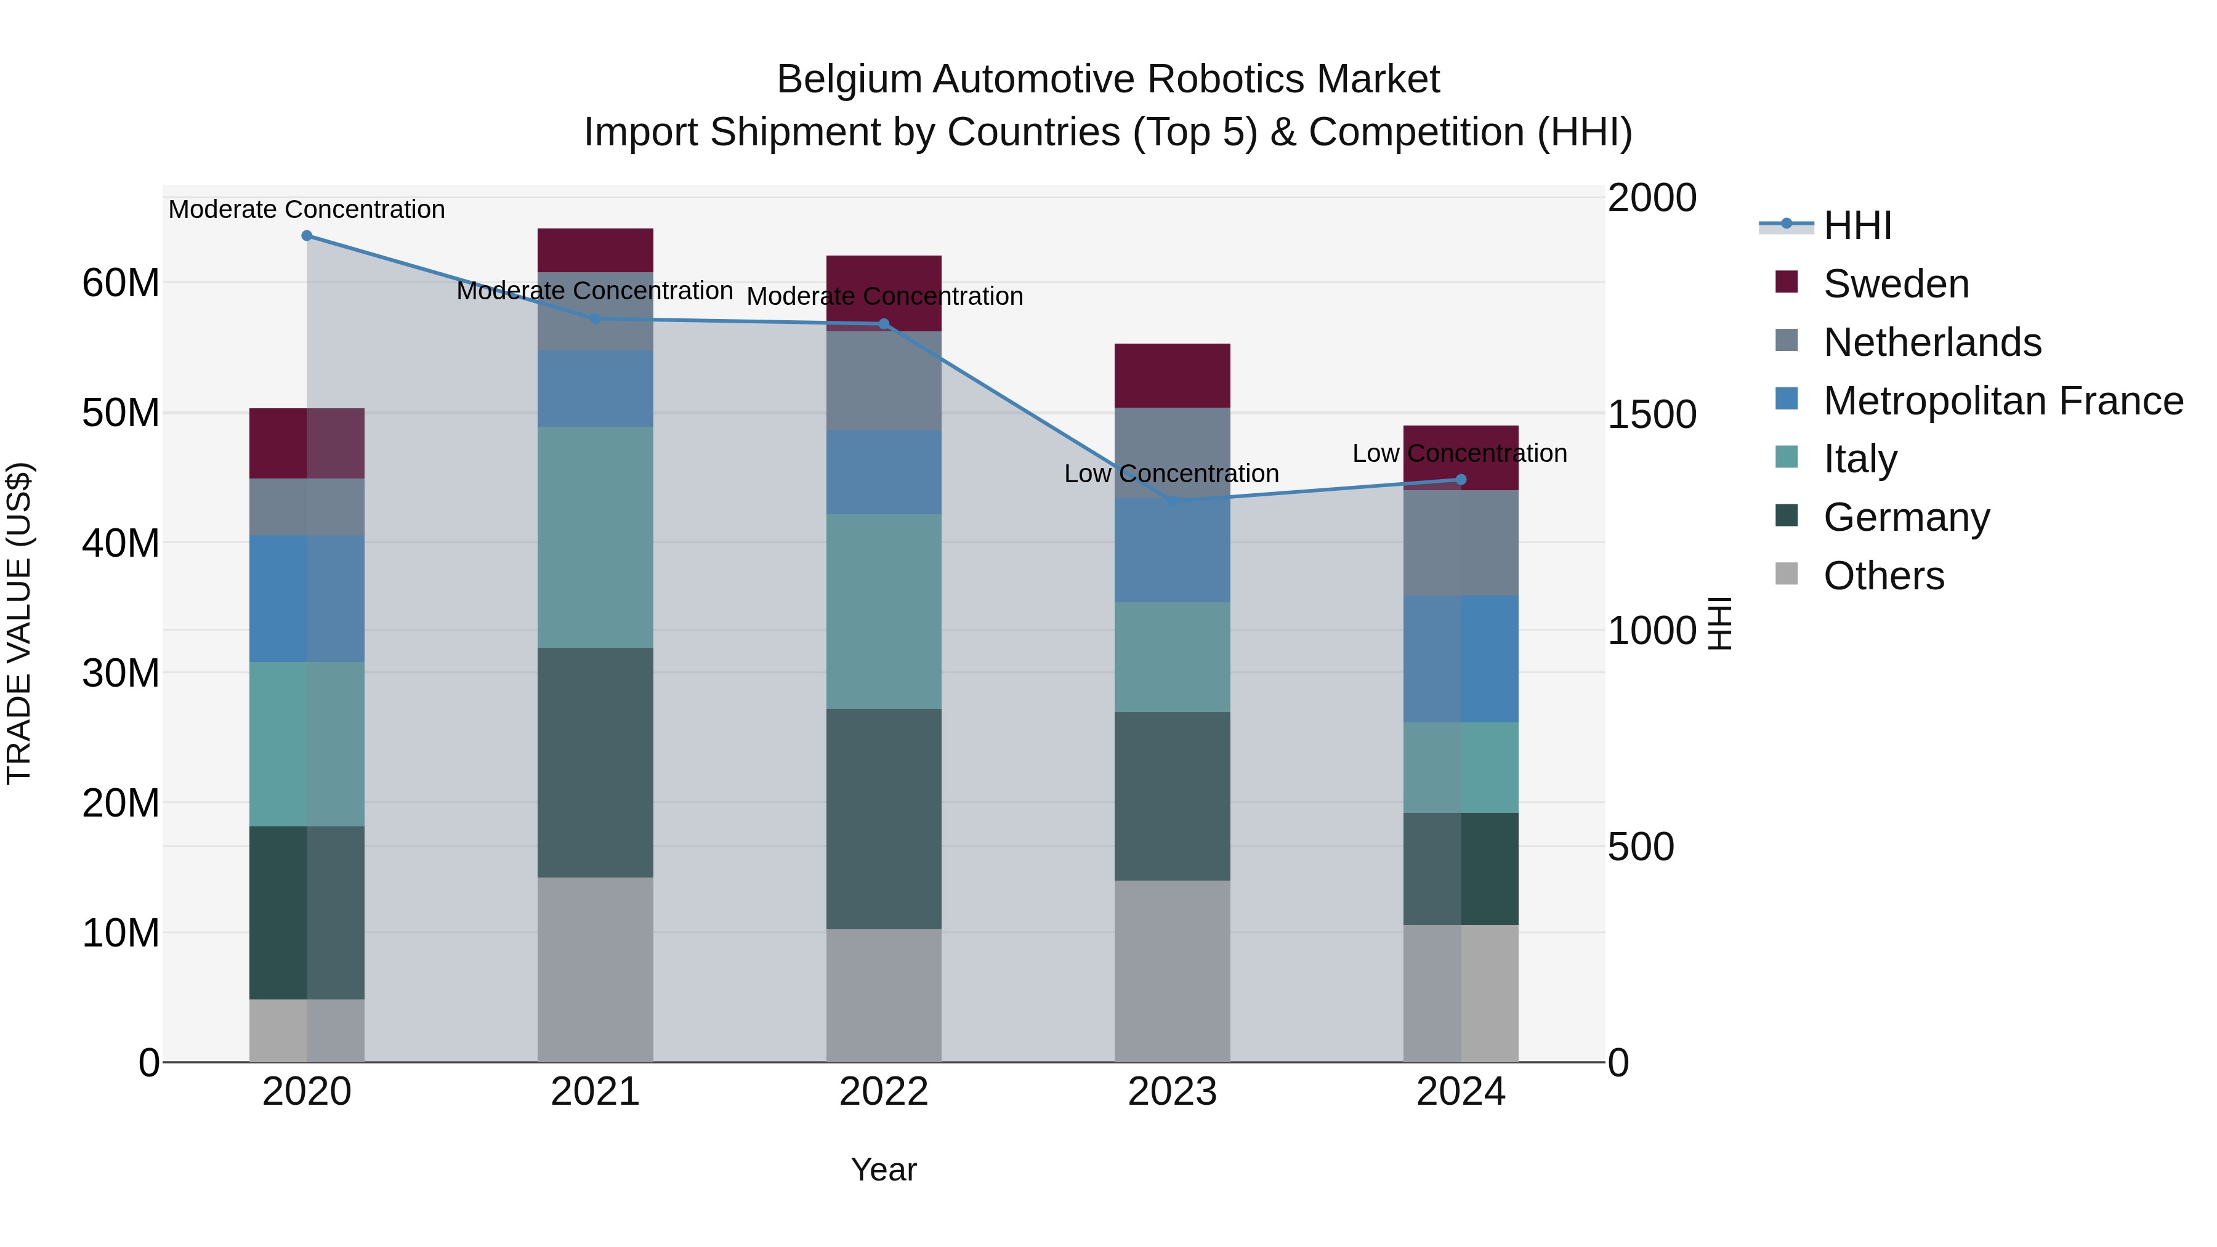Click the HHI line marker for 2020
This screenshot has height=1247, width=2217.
click(307, 236)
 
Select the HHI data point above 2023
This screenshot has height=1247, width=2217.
click(1172, 501)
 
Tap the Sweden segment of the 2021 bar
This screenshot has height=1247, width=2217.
click(595, 249)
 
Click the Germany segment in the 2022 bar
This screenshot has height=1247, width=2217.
click(884, 818)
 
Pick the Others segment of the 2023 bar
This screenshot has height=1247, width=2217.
click(1172, 970)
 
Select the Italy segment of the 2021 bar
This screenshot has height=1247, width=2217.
click(595, 537)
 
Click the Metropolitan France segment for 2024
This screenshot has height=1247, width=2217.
click(1461, 658)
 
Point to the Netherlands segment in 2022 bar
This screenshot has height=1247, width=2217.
click(884, 381)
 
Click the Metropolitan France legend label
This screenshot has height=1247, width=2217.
click(2003, 401)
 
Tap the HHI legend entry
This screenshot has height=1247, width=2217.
click(1857, 225)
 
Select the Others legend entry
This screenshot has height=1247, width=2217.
click(1883, 576)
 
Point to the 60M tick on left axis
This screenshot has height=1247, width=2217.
click(121, 283)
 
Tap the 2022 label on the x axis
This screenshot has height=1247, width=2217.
click(884, 1092)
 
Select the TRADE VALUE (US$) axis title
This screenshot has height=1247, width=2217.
click(19, 623)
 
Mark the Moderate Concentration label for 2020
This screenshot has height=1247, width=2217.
click(307, 210)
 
